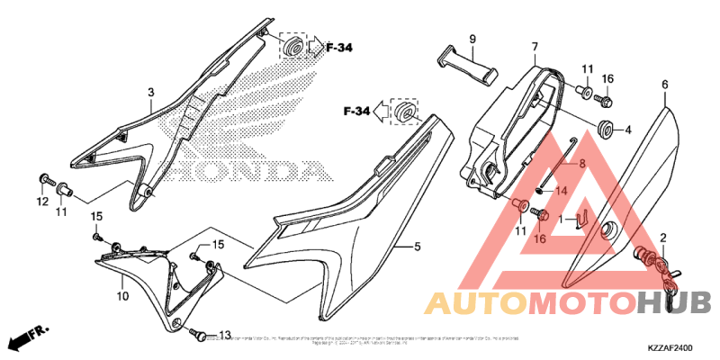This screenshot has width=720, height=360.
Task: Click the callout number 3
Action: pos(151,92)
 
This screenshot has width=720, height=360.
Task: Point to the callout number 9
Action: pos(471,39)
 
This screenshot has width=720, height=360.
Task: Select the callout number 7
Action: pos(534,47)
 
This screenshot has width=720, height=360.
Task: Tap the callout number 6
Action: pos(665,85)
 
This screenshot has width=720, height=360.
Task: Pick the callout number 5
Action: pos(418,247)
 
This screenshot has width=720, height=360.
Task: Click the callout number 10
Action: pos(122,295)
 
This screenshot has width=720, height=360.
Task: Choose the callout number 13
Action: pos(225,335)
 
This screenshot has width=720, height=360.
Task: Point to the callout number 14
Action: pos(558,191)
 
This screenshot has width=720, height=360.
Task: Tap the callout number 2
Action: pos(664,238)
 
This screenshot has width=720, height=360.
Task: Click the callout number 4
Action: pos(628,130)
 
